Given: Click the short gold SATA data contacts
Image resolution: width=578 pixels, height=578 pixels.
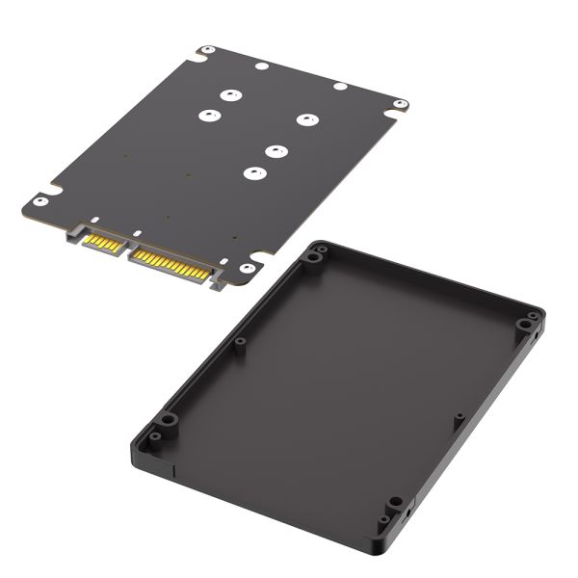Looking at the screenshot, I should (x=102, y=241).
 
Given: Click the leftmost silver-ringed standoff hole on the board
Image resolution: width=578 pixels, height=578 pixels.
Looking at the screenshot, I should (x=206, y=117).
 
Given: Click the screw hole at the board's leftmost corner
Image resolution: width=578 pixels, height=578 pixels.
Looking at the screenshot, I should (x=39, y=201).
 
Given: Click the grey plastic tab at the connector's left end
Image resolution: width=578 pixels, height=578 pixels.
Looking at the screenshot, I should (x=73, y=232).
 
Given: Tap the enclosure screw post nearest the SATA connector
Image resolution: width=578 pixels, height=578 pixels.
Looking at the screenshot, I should (x=314, y=257).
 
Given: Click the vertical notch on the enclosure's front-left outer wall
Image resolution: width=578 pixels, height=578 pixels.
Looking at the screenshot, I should (x=172, y=472).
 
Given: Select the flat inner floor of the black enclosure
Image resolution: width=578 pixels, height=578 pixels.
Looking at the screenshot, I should (x=347, y=376).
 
